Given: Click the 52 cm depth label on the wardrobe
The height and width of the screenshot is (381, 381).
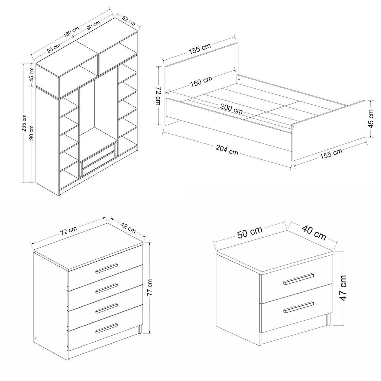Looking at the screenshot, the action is click(129, 21).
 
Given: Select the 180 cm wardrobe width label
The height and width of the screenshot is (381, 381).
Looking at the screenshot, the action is click(71, 32).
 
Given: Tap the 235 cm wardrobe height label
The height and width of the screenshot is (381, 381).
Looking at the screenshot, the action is click(24, 123).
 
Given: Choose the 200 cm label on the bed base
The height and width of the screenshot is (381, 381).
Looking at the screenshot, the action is click(231, 109).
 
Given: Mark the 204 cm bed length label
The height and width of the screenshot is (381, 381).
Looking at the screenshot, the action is click(227, 150).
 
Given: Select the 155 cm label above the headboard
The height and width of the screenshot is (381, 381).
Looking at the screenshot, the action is click(200, 49).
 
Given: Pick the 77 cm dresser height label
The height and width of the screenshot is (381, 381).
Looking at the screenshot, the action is click(150, 287).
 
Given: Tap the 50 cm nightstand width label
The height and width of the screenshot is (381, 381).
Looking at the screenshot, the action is click(250, 232).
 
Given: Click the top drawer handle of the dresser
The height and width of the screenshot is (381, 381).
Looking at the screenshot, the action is click(106, 269).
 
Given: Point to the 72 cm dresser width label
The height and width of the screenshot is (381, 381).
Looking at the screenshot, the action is click(68, 230).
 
